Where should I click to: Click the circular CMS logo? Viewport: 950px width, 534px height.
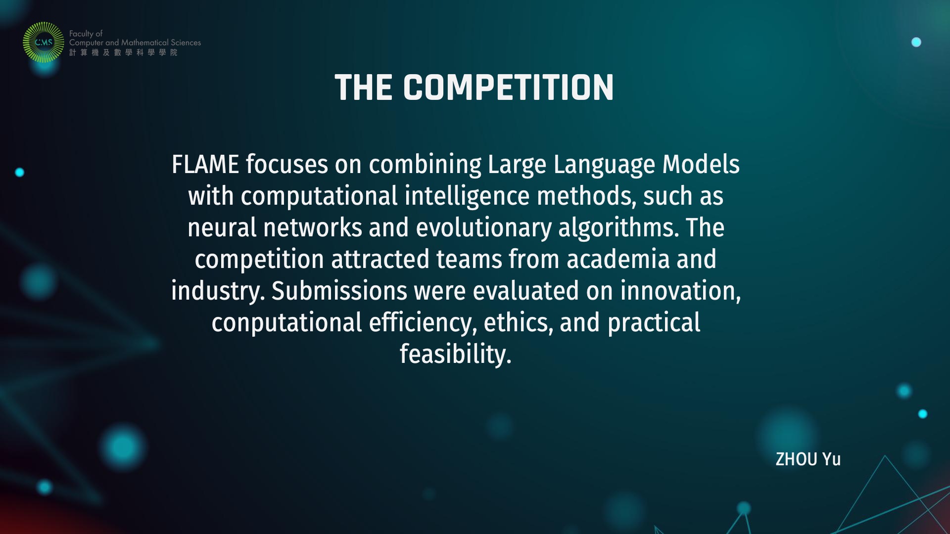point(44,43)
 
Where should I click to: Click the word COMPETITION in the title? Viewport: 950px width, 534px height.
point(508,88)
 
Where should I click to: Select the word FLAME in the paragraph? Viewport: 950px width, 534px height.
point(205,164)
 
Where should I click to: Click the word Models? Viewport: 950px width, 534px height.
point(701,164)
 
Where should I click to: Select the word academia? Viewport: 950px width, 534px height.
point(618,259)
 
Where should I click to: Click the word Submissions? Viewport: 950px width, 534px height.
point(339,291)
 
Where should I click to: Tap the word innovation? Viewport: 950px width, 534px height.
point(680,292)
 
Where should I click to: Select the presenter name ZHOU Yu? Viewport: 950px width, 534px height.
point(808,459)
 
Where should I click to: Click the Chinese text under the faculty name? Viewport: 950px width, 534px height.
point(123,52)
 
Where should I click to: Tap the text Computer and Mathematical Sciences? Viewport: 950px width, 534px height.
point(135,43)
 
